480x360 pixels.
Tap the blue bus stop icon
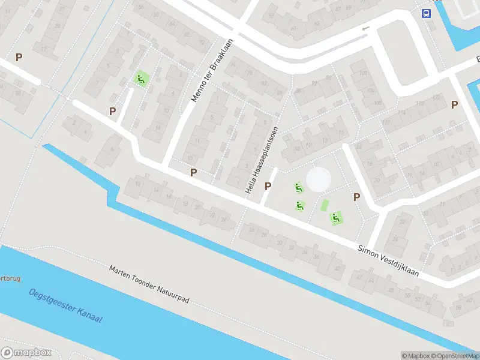coord(426,14)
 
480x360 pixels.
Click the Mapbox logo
coord(26,353)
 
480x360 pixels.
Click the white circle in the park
coord(318,179)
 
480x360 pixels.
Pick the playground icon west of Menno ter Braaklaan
coord(141,79)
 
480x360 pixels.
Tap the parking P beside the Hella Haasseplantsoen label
coord(268,186)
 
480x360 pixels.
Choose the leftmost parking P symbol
coord(19,58)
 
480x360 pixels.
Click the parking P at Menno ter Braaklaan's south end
coord(193,172)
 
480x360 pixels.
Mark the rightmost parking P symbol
coord(455,104)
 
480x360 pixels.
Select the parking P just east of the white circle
coord(356,197)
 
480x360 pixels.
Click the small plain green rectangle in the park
coord(325,205)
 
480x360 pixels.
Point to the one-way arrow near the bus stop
coord(366,28)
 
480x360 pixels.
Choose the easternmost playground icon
coord(337,218)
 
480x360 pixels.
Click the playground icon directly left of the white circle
coord(299,188)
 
